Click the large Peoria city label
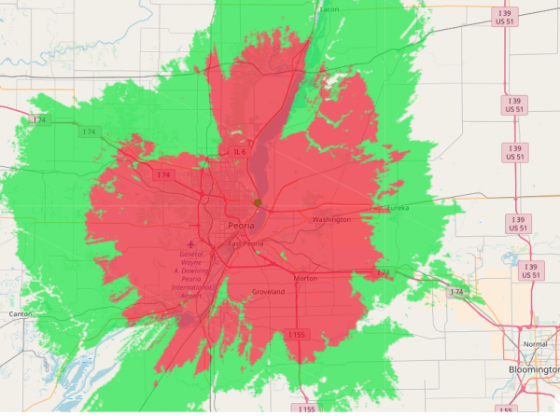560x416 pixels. pyautogui.click(x=242, y=227)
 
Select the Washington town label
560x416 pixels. pyautogui.click(x=331, y=220)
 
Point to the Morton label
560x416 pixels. pyautogui.click(x=305, y=278)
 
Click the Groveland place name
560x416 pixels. pyautogui.click(x=268, y=292)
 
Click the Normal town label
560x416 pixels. pyautogui.click(x=536, y=344)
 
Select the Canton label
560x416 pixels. pyautogui.click(x=20, y=314)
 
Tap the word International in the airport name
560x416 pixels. pyautogui.click(x=191, y=288)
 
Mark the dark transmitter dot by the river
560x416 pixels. pyautogui.click(x=258, y=201)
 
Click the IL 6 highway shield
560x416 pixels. pyautogui.click(x=239, y=152)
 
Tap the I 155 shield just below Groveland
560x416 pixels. pyautogui.click(x=296, y=334)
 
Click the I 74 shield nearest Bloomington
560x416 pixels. pyautogui.click(x=455, y=293)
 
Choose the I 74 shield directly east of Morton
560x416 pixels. pyautogui.click(x=382, y=272)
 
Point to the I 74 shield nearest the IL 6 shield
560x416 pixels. pyautogui.click(x=164, y=174)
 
